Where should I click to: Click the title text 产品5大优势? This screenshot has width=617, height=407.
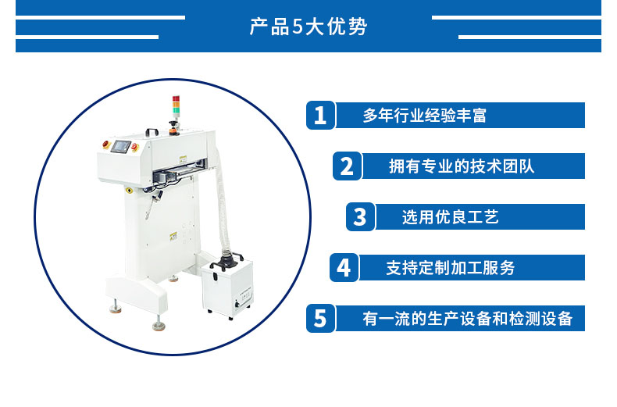308,27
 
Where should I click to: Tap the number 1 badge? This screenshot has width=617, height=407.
320,116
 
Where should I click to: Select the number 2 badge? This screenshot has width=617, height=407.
347,166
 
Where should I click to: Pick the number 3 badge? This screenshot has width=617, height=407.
360,216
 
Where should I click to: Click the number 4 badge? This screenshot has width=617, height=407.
344,268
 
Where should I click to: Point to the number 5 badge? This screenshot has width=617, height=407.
320,318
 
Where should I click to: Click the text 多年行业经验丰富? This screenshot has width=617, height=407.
425,116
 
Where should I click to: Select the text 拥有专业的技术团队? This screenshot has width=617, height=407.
462,166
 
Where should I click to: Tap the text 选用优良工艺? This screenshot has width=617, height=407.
450,217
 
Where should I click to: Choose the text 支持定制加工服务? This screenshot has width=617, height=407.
451,268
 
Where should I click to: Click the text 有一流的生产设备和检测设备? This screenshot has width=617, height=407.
468,319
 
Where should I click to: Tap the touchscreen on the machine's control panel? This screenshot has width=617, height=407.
120,146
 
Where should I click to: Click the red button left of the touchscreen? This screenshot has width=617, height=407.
106,144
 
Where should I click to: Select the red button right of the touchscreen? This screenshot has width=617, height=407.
134,147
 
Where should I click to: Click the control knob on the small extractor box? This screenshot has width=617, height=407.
237,304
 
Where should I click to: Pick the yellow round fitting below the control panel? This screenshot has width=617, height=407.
130,191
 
